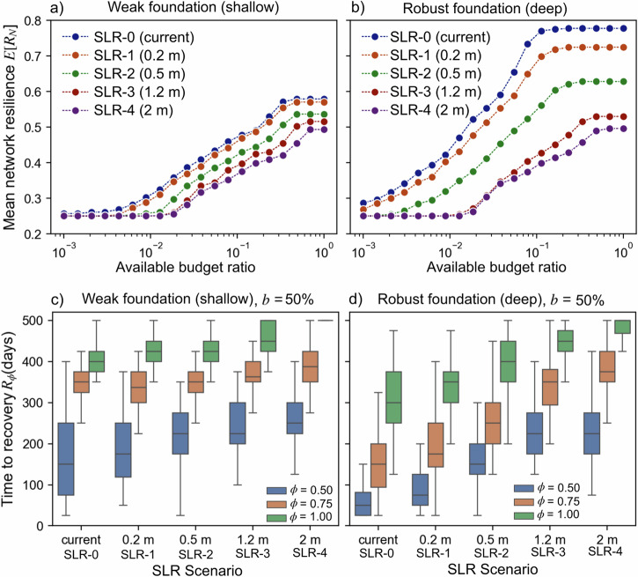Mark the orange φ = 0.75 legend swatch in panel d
tap(530, 499)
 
